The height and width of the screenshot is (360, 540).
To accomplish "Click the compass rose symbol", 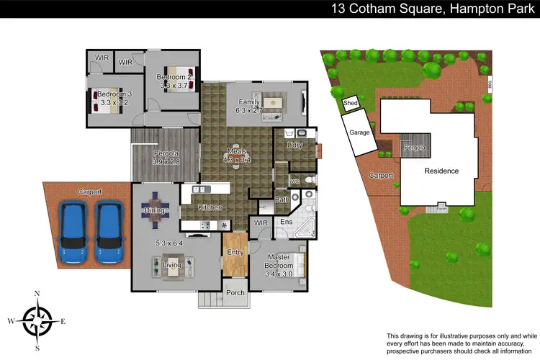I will pos(37,317).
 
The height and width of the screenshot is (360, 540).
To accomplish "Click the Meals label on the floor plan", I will pos(238,152).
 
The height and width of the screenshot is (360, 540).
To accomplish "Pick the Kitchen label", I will pos(210,207).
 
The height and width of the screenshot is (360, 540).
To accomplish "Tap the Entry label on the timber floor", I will pos(235,252).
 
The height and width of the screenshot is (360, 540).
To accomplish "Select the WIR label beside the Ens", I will pos(261,224).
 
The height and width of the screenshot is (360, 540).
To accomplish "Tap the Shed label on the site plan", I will pos(351,104).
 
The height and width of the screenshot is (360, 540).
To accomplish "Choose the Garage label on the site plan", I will pos(360,132).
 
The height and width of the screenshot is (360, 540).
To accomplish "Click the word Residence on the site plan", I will pos(441,171).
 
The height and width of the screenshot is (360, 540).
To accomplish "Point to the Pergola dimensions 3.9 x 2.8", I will pos(166,162).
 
